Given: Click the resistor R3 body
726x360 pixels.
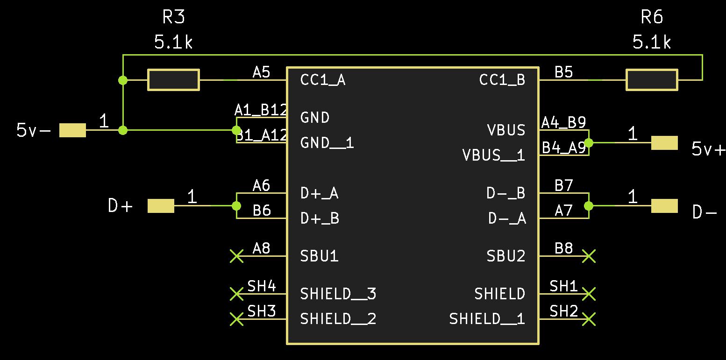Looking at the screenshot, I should point(173,80).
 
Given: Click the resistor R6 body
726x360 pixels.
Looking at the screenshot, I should point(652,80).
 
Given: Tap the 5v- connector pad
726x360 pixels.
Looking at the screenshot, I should point(72,130).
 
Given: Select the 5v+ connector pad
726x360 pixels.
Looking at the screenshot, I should point(664,143).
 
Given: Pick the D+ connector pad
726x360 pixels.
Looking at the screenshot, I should point(161,206).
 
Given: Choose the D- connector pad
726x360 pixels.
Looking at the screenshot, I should point(664,206).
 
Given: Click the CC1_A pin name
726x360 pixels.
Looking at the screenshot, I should point(323,80).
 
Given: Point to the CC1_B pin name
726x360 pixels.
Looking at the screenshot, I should point(502,80).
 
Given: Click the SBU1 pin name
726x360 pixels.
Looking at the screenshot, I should point(319,256).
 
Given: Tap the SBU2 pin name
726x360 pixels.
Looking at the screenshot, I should point(506,256).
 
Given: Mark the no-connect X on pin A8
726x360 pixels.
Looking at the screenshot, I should point(237,256).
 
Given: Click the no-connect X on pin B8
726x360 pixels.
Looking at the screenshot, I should point(589,256).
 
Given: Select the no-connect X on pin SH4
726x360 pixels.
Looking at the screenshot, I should point(237,294).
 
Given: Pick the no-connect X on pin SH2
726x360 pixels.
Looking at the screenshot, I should point(589,319).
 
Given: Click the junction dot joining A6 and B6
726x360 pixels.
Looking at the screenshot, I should point(236,206).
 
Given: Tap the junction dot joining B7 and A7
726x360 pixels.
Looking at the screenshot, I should point(589,206).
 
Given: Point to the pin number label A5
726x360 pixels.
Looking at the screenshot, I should point(261,72).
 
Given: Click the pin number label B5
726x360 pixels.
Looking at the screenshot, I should point(563,72).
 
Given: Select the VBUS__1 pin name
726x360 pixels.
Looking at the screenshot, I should point(493,155).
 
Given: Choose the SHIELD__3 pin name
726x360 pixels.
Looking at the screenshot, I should point(338,294).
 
